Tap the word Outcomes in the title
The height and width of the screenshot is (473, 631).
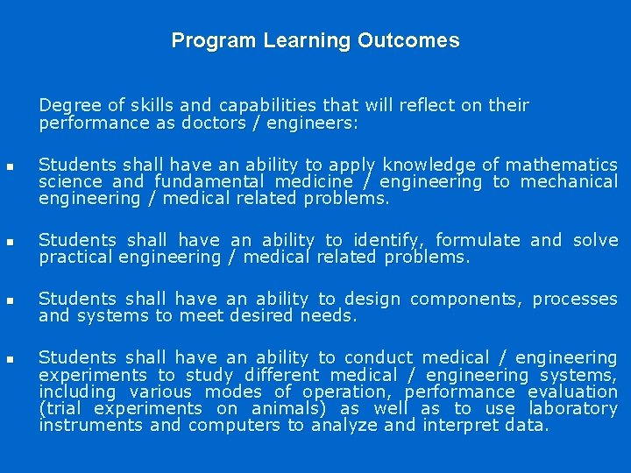tap(408, 41)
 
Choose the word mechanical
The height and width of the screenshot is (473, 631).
tap(568, 181)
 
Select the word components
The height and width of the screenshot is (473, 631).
tap(464, 299)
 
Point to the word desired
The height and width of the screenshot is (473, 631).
tap(264, 315)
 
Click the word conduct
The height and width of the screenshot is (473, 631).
tap(378, 357)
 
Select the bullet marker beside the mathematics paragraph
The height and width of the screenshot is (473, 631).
tap(9, 166)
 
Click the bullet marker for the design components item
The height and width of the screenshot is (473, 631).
tap(9, 300)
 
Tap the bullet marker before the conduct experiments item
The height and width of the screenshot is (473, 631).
tap(9, 358)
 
